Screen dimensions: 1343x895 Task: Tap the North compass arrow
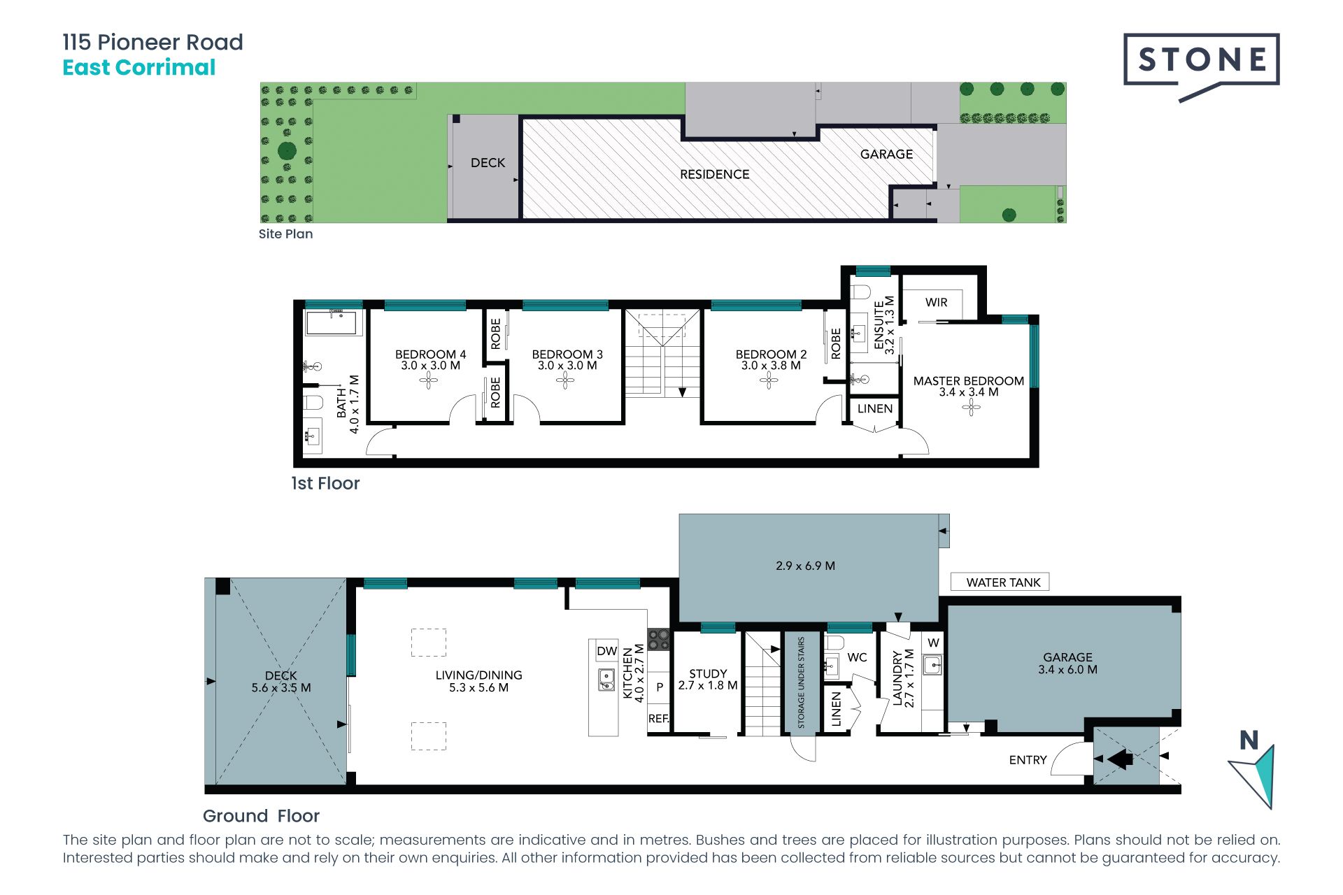(x=1255, y=776)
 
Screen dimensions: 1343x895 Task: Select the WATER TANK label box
(x=1000, y=582)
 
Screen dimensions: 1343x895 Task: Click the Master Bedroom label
(x=968, y=381)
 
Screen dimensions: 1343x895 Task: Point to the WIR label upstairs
(x=936, y=302)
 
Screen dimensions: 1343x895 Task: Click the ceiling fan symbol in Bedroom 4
(x=429, y=380)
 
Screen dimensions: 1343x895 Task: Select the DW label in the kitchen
(x=606, y=651)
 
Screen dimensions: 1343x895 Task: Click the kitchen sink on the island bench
(x=606, y=679)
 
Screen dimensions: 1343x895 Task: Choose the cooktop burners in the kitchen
(x=659, y=639)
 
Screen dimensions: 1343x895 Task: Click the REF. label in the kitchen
(x=659, y=718)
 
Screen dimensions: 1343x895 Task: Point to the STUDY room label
(x=708, y=673)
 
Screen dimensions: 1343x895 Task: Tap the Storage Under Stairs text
(x=801, y=682)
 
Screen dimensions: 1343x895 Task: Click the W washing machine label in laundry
(x=933, y=643)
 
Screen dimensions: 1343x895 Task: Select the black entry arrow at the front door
(x=1120, y=759)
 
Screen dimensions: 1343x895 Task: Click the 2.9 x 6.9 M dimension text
(x=805, y=566)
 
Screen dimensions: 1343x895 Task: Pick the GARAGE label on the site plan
(x=886, y=154)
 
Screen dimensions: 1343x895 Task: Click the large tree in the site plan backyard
(x=287, y=150)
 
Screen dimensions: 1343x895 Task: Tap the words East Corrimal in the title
(x=139, y=68)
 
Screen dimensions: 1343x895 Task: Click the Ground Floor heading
(x=261, y=816)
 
